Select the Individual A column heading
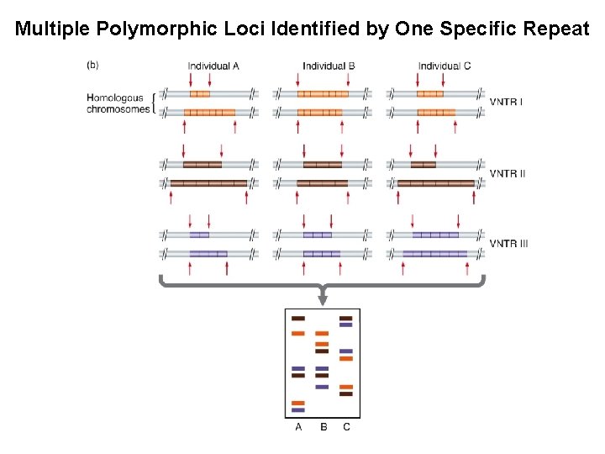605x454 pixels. click(213, 66)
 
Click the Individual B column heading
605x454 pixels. click(329, 66)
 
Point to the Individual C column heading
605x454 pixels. click(444, 66)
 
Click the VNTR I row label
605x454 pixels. click(507, 103)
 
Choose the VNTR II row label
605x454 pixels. click(508, 173)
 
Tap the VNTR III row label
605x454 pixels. click(509, 244)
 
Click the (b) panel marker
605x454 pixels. click(92, 64)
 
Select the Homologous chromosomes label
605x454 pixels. click(118, 103)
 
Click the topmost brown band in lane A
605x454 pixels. click(297, 319)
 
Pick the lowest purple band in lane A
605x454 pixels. click(297, 410)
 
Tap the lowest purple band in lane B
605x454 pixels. click(322, 387)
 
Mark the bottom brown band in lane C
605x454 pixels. click(345, 393)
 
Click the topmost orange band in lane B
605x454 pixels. click(322, 334)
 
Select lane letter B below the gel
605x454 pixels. click(323, 427)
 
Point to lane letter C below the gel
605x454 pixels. click(346, 427)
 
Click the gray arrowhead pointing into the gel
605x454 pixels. click(323, 298)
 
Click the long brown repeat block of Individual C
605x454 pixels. click(435, 183)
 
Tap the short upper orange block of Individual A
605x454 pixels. click(199, 94)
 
